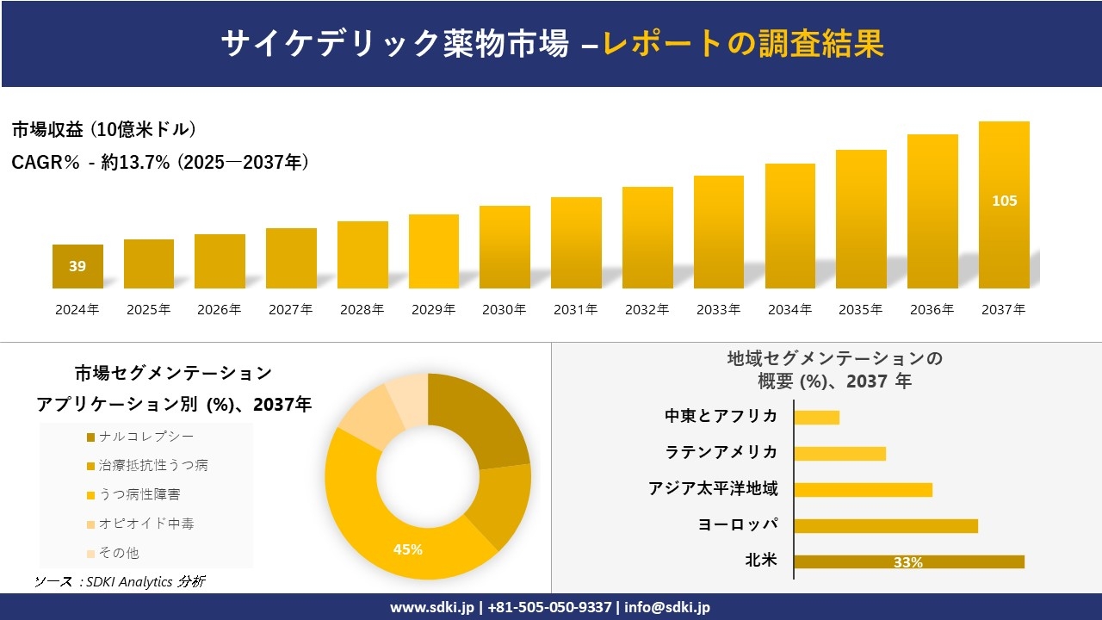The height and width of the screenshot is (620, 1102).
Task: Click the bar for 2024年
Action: (77, 266)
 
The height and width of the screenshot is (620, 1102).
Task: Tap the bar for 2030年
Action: (505, 247)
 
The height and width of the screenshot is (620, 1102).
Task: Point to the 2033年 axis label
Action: (718, 310)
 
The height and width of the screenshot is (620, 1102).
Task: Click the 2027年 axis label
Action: (290, 310)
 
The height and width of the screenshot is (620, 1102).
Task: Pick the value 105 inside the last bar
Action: (1004, 201)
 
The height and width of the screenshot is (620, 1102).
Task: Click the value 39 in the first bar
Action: (77, 266)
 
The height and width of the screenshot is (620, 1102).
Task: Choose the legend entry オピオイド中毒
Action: (146, 524)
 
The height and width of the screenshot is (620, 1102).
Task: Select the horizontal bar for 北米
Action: (908, 561)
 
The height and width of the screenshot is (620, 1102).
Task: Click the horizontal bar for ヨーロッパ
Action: (885, 525)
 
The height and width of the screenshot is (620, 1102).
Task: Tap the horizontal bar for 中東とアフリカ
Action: (816, 417)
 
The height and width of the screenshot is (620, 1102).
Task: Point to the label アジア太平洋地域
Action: (713, 489)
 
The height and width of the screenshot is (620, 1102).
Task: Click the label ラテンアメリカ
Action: (721, 452)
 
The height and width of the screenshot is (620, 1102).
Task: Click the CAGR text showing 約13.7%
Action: (159, 162)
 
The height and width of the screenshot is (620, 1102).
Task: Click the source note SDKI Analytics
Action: (121, 582)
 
